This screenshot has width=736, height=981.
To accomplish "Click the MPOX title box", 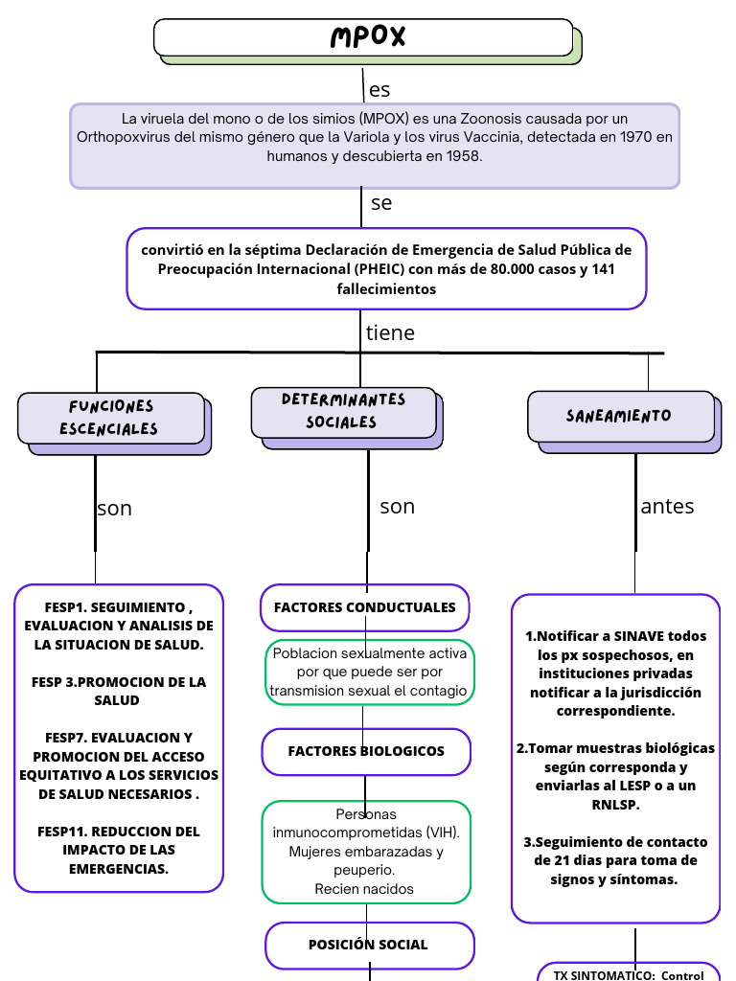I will pos(364,37).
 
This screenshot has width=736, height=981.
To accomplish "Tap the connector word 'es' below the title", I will pos(379,90).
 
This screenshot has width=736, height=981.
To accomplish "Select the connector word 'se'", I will pos(381,203).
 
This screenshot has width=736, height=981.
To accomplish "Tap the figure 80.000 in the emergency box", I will pos(518,269).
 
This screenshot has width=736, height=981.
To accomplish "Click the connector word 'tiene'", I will pos(390,333).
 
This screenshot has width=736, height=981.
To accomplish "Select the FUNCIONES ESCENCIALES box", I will pos(111,418).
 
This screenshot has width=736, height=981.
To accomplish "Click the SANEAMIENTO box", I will pos(619,416).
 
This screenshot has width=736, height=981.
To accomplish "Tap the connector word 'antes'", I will pos(667,507).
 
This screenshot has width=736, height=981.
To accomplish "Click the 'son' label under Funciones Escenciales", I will pos(114,509).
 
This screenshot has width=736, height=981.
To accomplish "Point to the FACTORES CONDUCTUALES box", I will pos(364,607).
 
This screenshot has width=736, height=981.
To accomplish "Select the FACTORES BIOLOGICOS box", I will pos(366,751).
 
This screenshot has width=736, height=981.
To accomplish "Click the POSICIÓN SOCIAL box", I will pos(368,945).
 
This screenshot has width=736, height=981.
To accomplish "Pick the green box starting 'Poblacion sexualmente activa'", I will pos(369,672).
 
